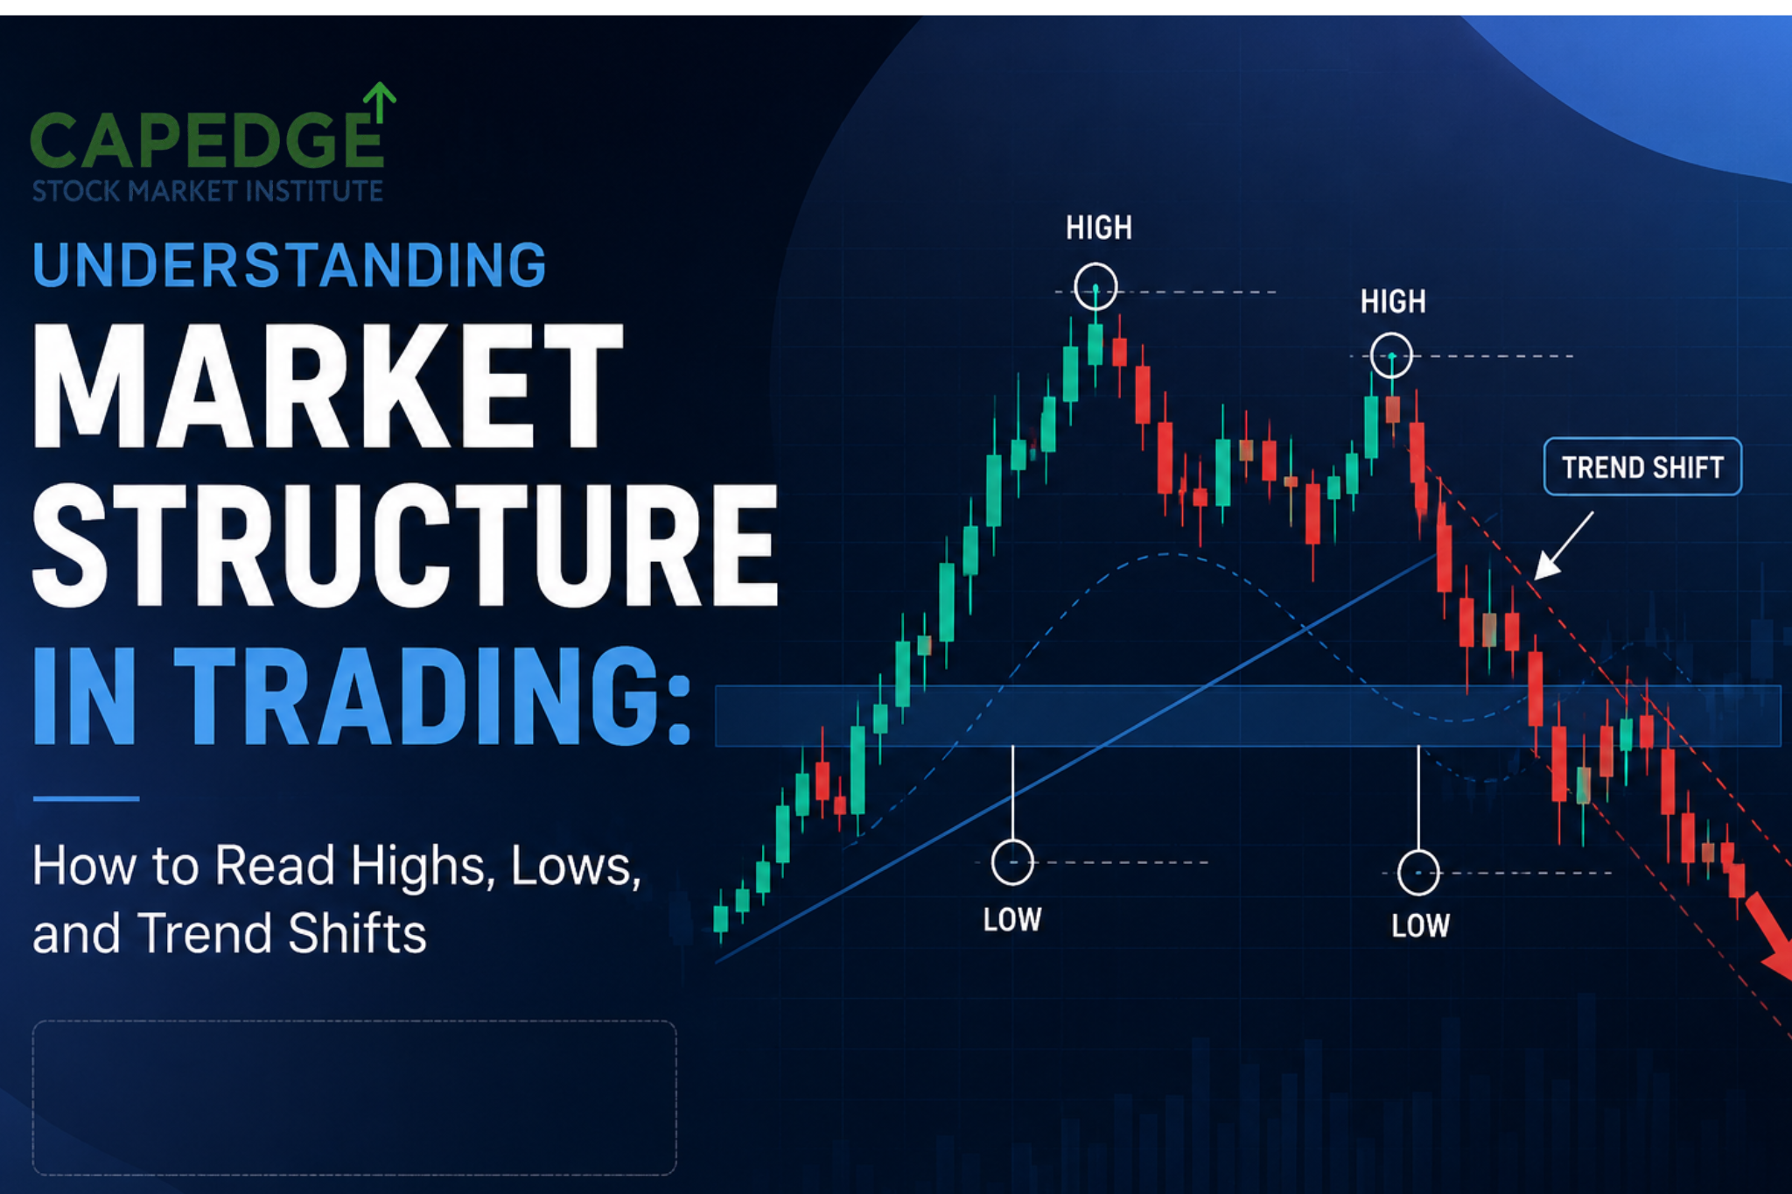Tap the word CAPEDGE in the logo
click(207, 140)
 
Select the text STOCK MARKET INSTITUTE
click(207, 191)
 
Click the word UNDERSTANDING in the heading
click(290, 265)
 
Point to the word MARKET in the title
click(328, 386)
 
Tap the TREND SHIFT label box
click(1642, 467)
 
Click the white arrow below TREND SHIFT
click(1564, 546)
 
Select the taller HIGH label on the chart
click(1099, 228)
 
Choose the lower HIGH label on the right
click(1393, 302)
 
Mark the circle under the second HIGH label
click(1391, 334)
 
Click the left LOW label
click(1012, 919)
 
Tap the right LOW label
click(1420, 925)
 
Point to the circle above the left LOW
click(1012, 841)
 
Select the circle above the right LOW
click(1418, 851)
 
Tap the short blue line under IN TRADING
click(86, 798)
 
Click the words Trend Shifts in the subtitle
click(282, 933)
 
